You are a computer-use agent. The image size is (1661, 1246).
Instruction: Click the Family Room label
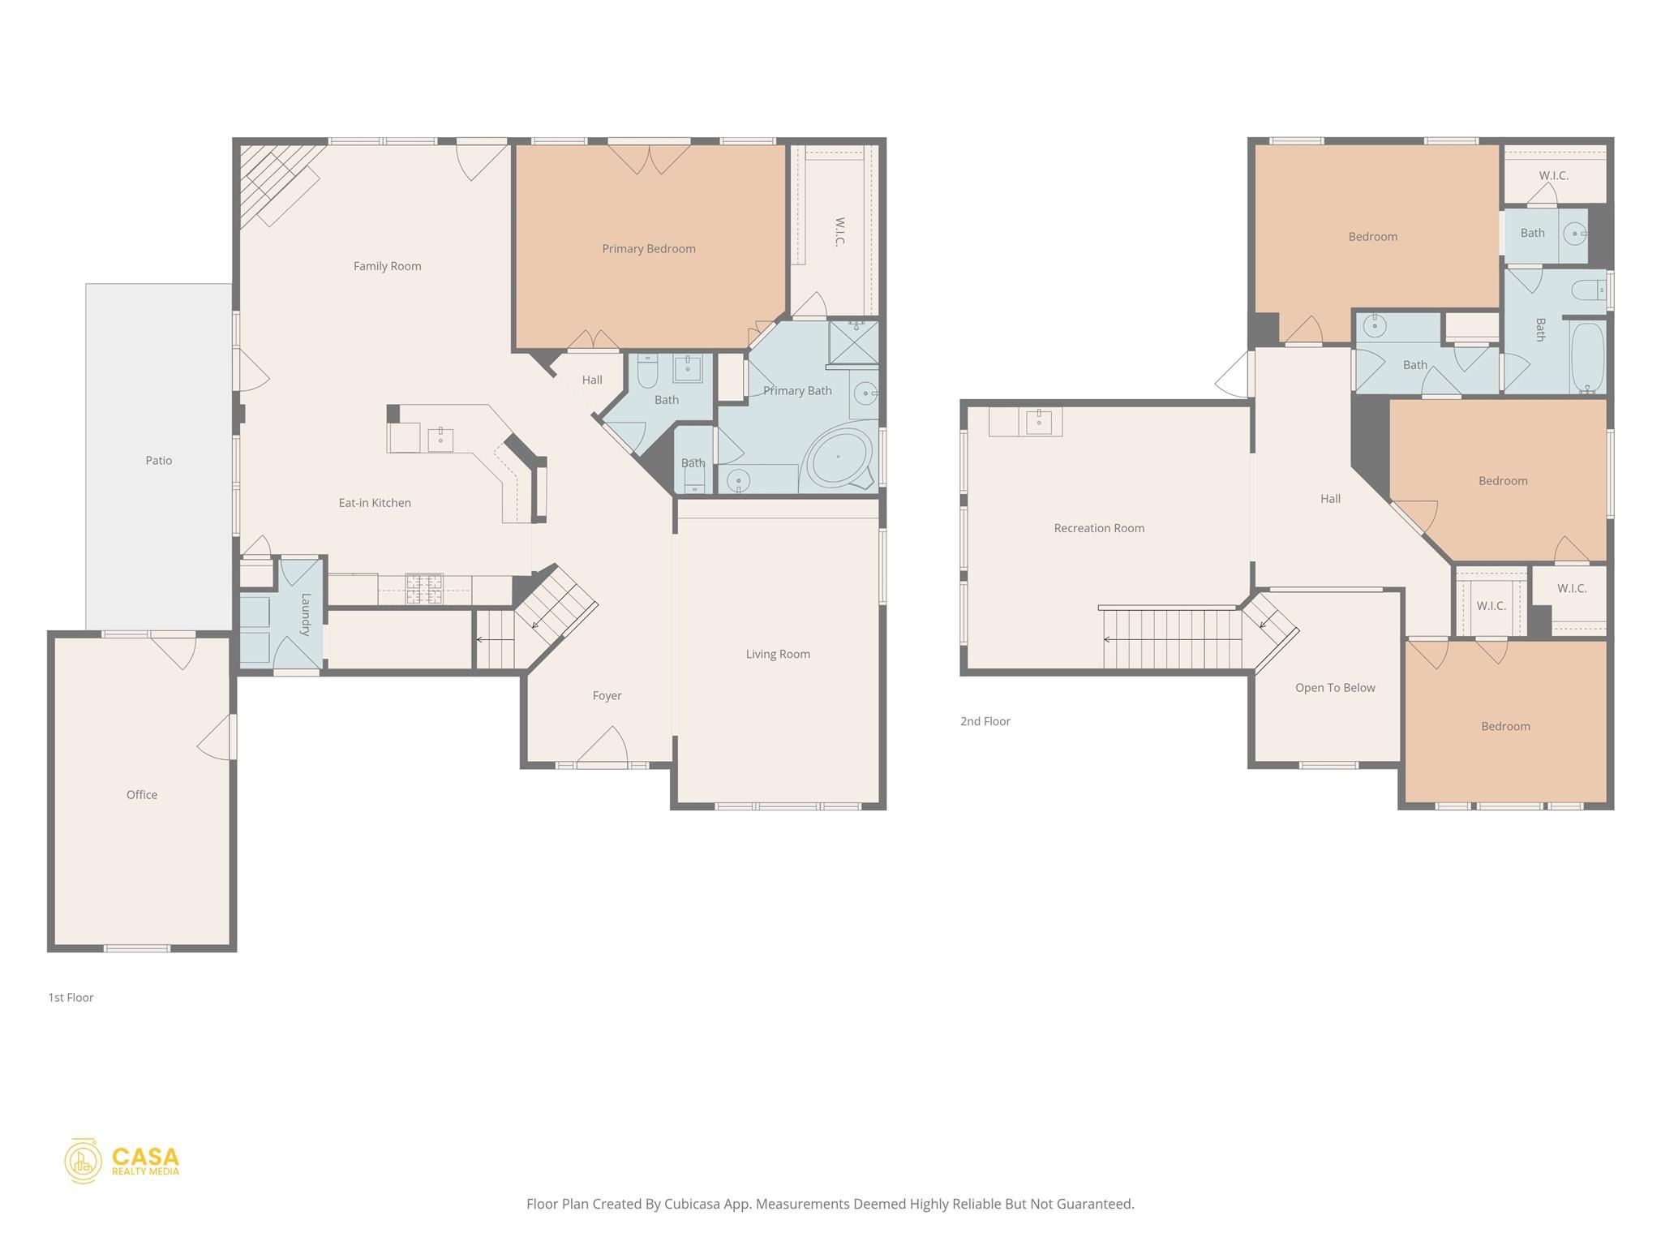(x=387, y=266)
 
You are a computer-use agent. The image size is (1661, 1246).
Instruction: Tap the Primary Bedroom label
(x=648, y=249)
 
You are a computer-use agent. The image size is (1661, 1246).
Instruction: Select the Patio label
(x=159, y=461)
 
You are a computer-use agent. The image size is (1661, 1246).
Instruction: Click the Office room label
(x=142, y=795)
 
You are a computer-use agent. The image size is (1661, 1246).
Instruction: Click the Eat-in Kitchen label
(x=375, y=503)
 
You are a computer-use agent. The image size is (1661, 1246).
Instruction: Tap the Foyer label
(x=607, y=696)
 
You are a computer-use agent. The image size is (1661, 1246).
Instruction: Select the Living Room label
(x=778, y=654)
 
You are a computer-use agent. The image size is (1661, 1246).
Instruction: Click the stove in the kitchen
(x=424, y=588)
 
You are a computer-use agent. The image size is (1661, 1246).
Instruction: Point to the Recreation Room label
(x=1099, y=528)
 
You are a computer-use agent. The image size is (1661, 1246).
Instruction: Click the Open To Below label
(x=1335, y=688)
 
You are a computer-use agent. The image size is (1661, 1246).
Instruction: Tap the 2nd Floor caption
(x=985, y=721)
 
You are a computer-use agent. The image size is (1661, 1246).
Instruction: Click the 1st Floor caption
(x=71, y=998)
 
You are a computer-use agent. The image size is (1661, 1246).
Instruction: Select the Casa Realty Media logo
(x=122, y=1161)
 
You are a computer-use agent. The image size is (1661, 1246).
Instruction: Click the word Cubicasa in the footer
(x=694, y=1204)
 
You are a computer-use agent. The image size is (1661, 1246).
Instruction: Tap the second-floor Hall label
(x=1330, y=499)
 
